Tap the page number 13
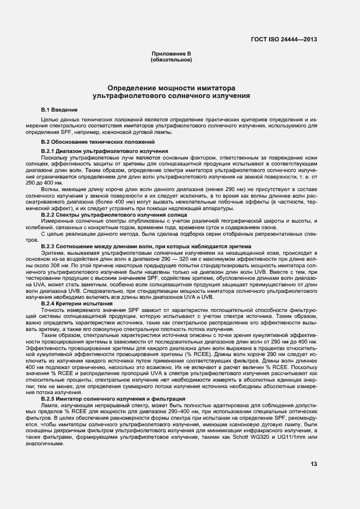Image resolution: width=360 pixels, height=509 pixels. click(x=314, y=464)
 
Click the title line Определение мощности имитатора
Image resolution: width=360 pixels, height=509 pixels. click(x=171, y=88)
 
